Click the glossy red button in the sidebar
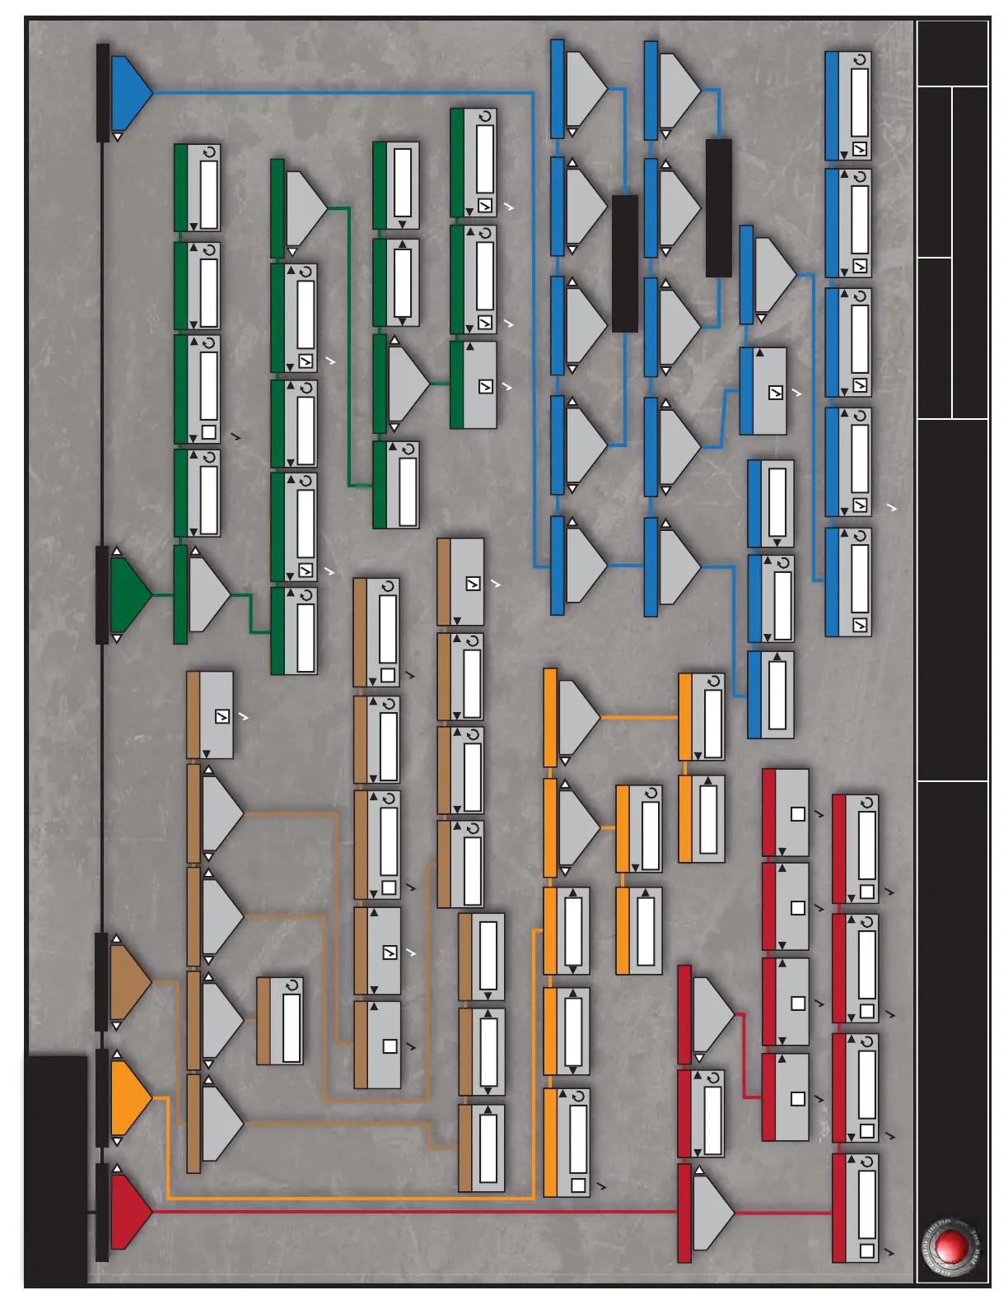click(x=952, y=1246)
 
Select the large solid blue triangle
click(x=128, y=93)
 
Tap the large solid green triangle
click(x=128, y=594)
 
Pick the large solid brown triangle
click(x=128, y=982)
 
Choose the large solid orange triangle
click(x=128, y=1097)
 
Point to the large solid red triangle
click(x=128, y=1212)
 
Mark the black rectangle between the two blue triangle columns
click(x=625, y=263)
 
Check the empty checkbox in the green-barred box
click(x=208, y=432)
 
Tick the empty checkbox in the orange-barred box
click(x=578, y=1185)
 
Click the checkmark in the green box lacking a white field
click(x=486, y=386)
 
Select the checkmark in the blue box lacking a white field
click(x=776, y=393)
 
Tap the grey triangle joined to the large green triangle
click(x=208, y=594)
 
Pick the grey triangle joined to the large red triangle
click(x=711, y=1213)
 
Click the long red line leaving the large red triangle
click(x=412, y=1212)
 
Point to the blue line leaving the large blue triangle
click(x=346, y=92)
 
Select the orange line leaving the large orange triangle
click(x=346, y=1198)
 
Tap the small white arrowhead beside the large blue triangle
click(x=118, y=137)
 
